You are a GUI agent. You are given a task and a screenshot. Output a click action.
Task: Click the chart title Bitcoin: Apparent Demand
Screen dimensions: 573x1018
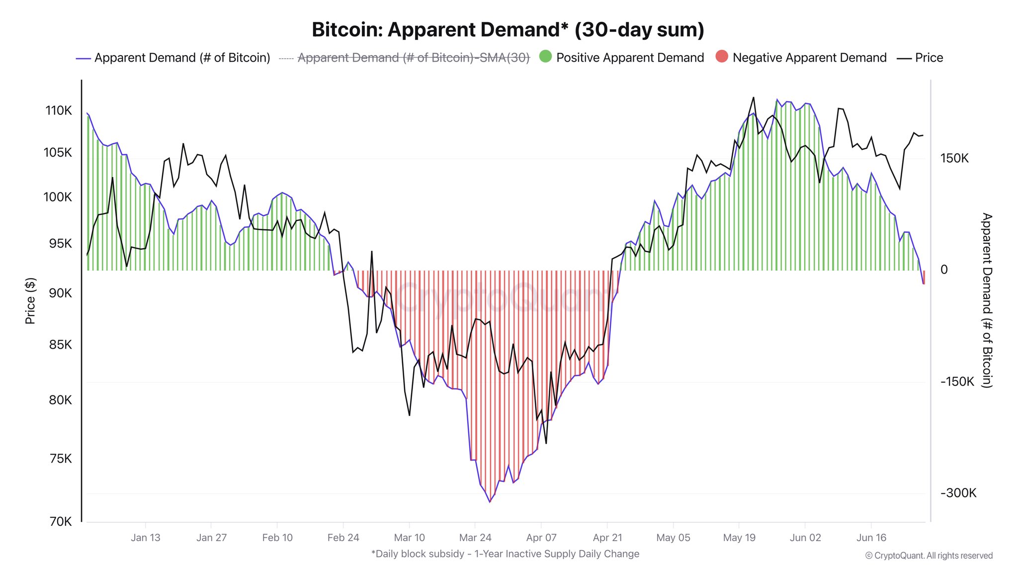pyautogui.click(x=508, y=30)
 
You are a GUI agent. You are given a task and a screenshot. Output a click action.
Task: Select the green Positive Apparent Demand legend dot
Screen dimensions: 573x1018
pyautogui.click(x=545, y=57)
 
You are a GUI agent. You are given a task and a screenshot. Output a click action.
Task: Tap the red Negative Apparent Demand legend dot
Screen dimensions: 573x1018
pyautogui.click(x=722, y=57)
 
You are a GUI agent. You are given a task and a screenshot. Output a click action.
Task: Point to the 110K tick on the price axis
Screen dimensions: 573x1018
pyautogui.click(x=59, y=110)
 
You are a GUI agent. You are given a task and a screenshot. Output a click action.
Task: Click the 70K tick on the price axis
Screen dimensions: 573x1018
pyautogui.click(x=61, y=521)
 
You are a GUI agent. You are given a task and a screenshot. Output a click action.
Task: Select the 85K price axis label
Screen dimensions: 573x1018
pyautogui.click(x=60, y=344)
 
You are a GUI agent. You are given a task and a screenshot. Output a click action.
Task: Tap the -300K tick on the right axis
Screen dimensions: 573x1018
pyautogui.click(x=958, y=493)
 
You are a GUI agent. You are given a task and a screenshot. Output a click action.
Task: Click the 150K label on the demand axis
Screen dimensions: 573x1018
pyautogui.click(x=954, y=158)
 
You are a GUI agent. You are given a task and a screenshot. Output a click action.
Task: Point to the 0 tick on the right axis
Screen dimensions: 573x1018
pyautogui.click(x=944, y=270)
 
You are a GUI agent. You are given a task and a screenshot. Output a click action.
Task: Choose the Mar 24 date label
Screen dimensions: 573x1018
pyautogui.click(x=475, y=538)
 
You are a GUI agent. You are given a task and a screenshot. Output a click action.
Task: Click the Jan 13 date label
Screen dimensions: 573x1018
pyautogui.click(x=146, y=538)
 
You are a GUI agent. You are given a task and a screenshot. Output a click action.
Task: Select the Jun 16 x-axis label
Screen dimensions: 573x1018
pyautogui.click(x=871, y=538)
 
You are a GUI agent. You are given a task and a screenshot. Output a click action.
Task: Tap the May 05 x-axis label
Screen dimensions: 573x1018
pyautogui.click(x=673, y=538)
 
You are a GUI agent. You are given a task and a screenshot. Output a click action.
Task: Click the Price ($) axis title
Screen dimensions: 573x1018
pyautogui.click(x=30, y=300)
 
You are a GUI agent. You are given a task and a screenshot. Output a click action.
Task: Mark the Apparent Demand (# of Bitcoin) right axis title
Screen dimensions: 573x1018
pyautogui.click(x=987, y=300)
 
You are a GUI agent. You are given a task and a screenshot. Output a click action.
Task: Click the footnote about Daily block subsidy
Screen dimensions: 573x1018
pyautogui.click(x=505, y=554)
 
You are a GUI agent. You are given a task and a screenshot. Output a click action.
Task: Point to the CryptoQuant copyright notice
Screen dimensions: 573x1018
pyautogui.click(x=929, y=556)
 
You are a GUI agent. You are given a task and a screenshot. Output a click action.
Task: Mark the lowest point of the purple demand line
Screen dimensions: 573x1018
pyautogui.click(x=490, y=502)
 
